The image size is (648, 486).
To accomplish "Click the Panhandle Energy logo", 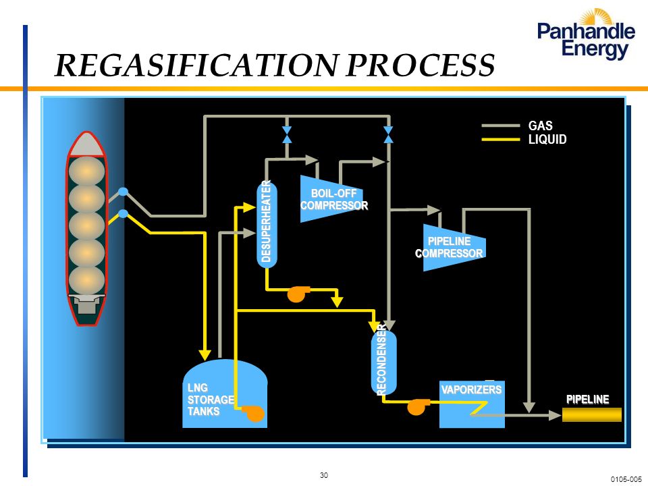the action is click(x=586, y=34).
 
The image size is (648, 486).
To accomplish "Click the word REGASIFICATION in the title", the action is click(x=196, y=65).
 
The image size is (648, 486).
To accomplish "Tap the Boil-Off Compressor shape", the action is click(x=331, y=198).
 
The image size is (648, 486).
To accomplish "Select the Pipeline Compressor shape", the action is click(x=454, y=248).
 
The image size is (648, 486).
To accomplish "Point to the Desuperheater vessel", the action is click(x=267, y=224).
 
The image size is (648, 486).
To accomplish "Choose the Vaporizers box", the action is click(x=472, y=404).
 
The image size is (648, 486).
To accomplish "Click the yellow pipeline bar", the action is click(x=592, y=414).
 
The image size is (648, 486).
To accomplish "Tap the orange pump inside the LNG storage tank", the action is click(x=253, y=413).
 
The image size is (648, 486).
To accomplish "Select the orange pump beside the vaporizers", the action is click(x=418, y=406).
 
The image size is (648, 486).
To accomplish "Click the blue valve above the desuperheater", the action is click(x=287, y=135).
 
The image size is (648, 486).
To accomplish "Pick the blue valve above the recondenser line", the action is click(x=388, y=135).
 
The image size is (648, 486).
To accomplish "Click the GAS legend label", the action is click(x=540, y=126).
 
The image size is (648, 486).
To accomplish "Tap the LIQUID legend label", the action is click(x=547, y=139).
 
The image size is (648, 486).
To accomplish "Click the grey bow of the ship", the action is click(x=86, y=145).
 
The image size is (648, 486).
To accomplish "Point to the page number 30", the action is click(x=324, y=475).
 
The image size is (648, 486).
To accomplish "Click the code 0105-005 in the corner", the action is click(x=627, y=480).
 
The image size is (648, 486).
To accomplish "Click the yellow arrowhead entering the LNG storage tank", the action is click(x=205, y=354).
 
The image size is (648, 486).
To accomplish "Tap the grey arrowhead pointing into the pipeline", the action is click(x=555, y=415).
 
